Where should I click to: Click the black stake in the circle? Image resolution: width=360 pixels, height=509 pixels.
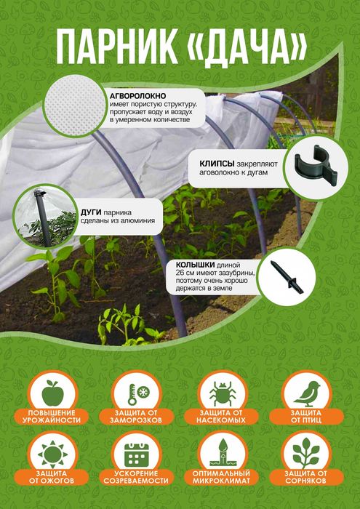(x=287, y=278)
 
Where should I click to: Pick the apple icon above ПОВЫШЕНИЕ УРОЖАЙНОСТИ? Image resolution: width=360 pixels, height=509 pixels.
(x=52, y=393)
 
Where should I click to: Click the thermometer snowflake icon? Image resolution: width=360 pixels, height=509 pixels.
(x=137, y=394)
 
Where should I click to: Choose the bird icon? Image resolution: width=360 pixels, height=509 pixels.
(x=306, y=393)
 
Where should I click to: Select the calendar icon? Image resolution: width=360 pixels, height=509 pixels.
(x=137, y=455)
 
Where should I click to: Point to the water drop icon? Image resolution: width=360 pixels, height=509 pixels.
(x=222, y=453)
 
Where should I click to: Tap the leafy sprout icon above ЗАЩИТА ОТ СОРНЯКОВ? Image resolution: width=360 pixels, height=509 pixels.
(x=306, y=452)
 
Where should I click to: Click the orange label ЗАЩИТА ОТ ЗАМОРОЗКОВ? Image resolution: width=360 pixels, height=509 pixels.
(x=137, y=417)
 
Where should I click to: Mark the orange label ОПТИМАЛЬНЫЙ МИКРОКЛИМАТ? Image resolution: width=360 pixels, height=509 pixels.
(x=221, y=477)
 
